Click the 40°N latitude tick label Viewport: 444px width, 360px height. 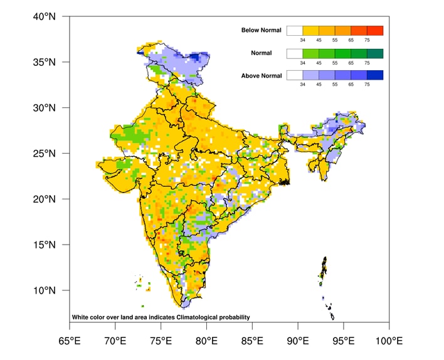pos(44,16)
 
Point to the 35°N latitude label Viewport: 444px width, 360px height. pos(44,62)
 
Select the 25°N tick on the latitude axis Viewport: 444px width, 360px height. pos(44,153)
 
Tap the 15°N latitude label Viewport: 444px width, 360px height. pos(44,245)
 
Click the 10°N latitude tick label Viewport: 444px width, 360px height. pos(44,290)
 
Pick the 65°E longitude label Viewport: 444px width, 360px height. pos(69,341)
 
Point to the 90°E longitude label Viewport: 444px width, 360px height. pos(298,341)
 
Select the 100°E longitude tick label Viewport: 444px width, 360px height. pos(389,341)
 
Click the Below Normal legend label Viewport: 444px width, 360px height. pos(262,30)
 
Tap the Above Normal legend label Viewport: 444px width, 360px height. pos(262,76)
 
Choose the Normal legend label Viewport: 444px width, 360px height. pos(261,53)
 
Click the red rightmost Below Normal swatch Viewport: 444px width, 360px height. pos(375,30)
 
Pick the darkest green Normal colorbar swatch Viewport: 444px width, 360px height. pos(375,53)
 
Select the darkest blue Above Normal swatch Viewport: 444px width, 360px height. pos(375,75)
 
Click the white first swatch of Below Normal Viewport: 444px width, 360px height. pos(295,30)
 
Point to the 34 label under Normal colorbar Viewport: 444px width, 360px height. pos(303,63)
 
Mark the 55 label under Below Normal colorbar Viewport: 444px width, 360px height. pos(335,41)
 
